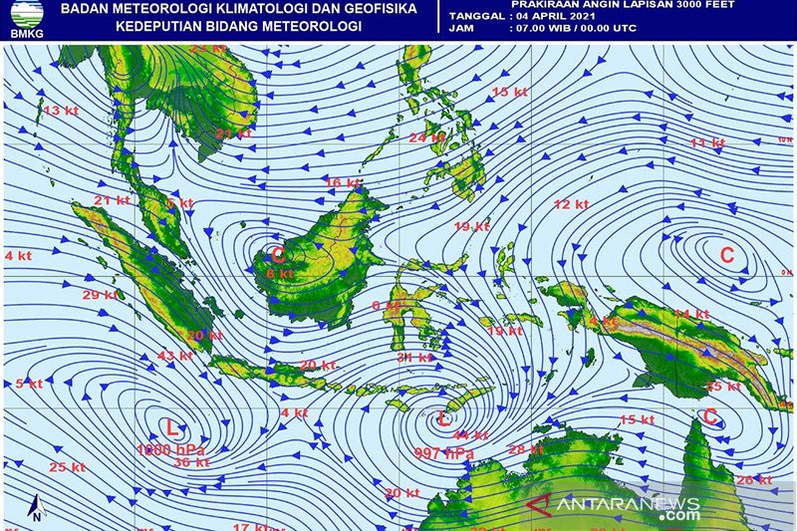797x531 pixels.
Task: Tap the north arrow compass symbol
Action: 36,508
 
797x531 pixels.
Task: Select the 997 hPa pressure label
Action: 444,453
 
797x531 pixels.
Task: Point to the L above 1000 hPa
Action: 171,429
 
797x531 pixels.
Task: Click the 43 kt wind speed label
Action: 174,356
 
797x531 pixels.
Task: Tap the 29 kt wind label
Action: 100,295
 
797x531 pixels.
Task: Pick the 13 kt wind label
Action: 61,111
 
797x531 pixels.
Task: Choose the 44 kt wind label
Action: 470,434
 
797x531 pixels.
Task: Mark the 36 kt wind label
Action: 191,462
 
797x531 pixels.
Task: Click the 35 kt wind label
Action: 723,386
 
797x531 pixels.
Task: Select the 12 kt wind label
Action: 571,204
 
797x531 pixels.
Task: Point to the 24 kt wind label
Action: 426,137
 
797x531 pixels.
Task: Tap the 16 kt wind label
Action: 343,183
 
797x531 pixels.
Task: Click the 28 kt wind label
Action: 526,449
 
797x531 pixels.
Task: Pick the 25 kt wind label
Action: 67,467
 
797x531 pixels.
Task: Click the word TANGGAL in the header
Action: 477,17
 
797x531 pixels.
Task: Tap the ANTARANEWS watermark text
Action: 629,504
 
